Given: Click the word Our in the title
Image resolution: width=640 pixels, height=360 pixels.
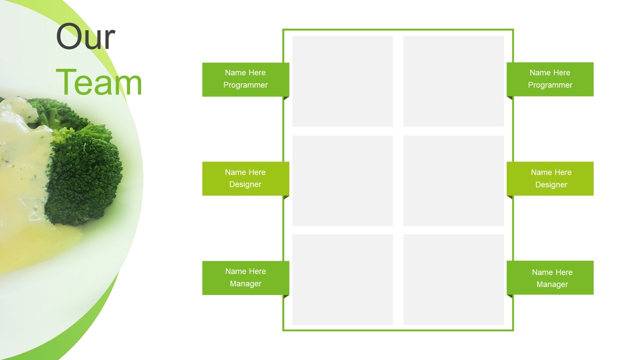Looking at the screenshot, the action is tap(85, 37).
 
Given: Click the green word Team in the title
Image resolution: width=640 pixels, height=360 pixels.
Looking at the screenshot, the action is tap(99, 83).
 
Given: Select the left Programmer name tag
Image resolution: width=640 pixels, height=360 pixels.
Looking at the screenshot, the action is tap(246, 79).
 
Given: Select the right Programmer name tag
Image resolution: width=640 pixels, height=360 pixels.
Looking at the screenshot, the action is tap(550, 79).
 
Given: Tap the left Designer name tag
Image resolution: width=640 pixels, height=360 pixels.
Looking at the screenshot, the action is tap(246, 179).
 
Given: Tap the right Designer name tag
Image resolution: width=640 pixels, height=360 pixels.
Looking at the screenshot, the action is tap(550, 179).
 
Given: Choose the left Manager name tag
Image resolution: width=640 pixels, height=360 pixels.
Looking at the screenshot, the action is tap(246, 278).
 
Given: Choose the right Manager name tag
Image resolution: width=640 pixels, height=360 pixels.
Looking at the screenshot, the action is tap(550, 277).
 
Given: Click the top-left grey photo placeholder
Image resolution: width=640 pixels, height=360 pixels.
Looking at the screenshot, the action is tap(342, 81).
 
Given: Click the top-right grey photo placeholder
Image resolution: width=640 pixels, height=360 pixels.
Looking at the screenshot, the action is tap(453, 81).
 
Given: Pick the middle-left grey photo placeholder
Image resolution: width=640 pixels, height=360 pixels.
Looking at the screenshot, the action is tap(342, 181).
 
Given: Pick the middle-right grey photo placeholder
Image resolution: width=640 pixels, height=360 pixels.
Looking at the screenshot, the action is tap(453, 181).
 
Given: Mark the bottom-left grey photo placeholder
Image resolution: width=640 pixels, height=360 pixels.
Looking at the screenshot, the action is tap(342, 279).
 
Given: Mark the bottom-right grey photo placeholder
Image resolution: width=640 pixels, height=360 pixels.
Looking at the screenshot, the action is tap(453, 279).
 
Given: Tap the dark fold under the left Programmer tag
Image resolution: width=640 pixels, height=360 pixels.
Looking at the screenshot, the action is tap(286, 98).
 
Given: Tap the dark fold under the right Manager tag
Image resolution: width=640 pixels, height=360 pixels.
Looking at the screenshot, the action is tap(509, 297).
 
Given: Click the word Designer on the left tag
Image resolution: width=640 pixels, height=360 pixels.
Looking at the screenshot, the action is tap(245, 185).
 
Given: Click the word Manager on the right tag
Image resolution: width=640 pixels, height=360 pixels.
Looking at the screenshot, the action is tap(552, 285).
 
